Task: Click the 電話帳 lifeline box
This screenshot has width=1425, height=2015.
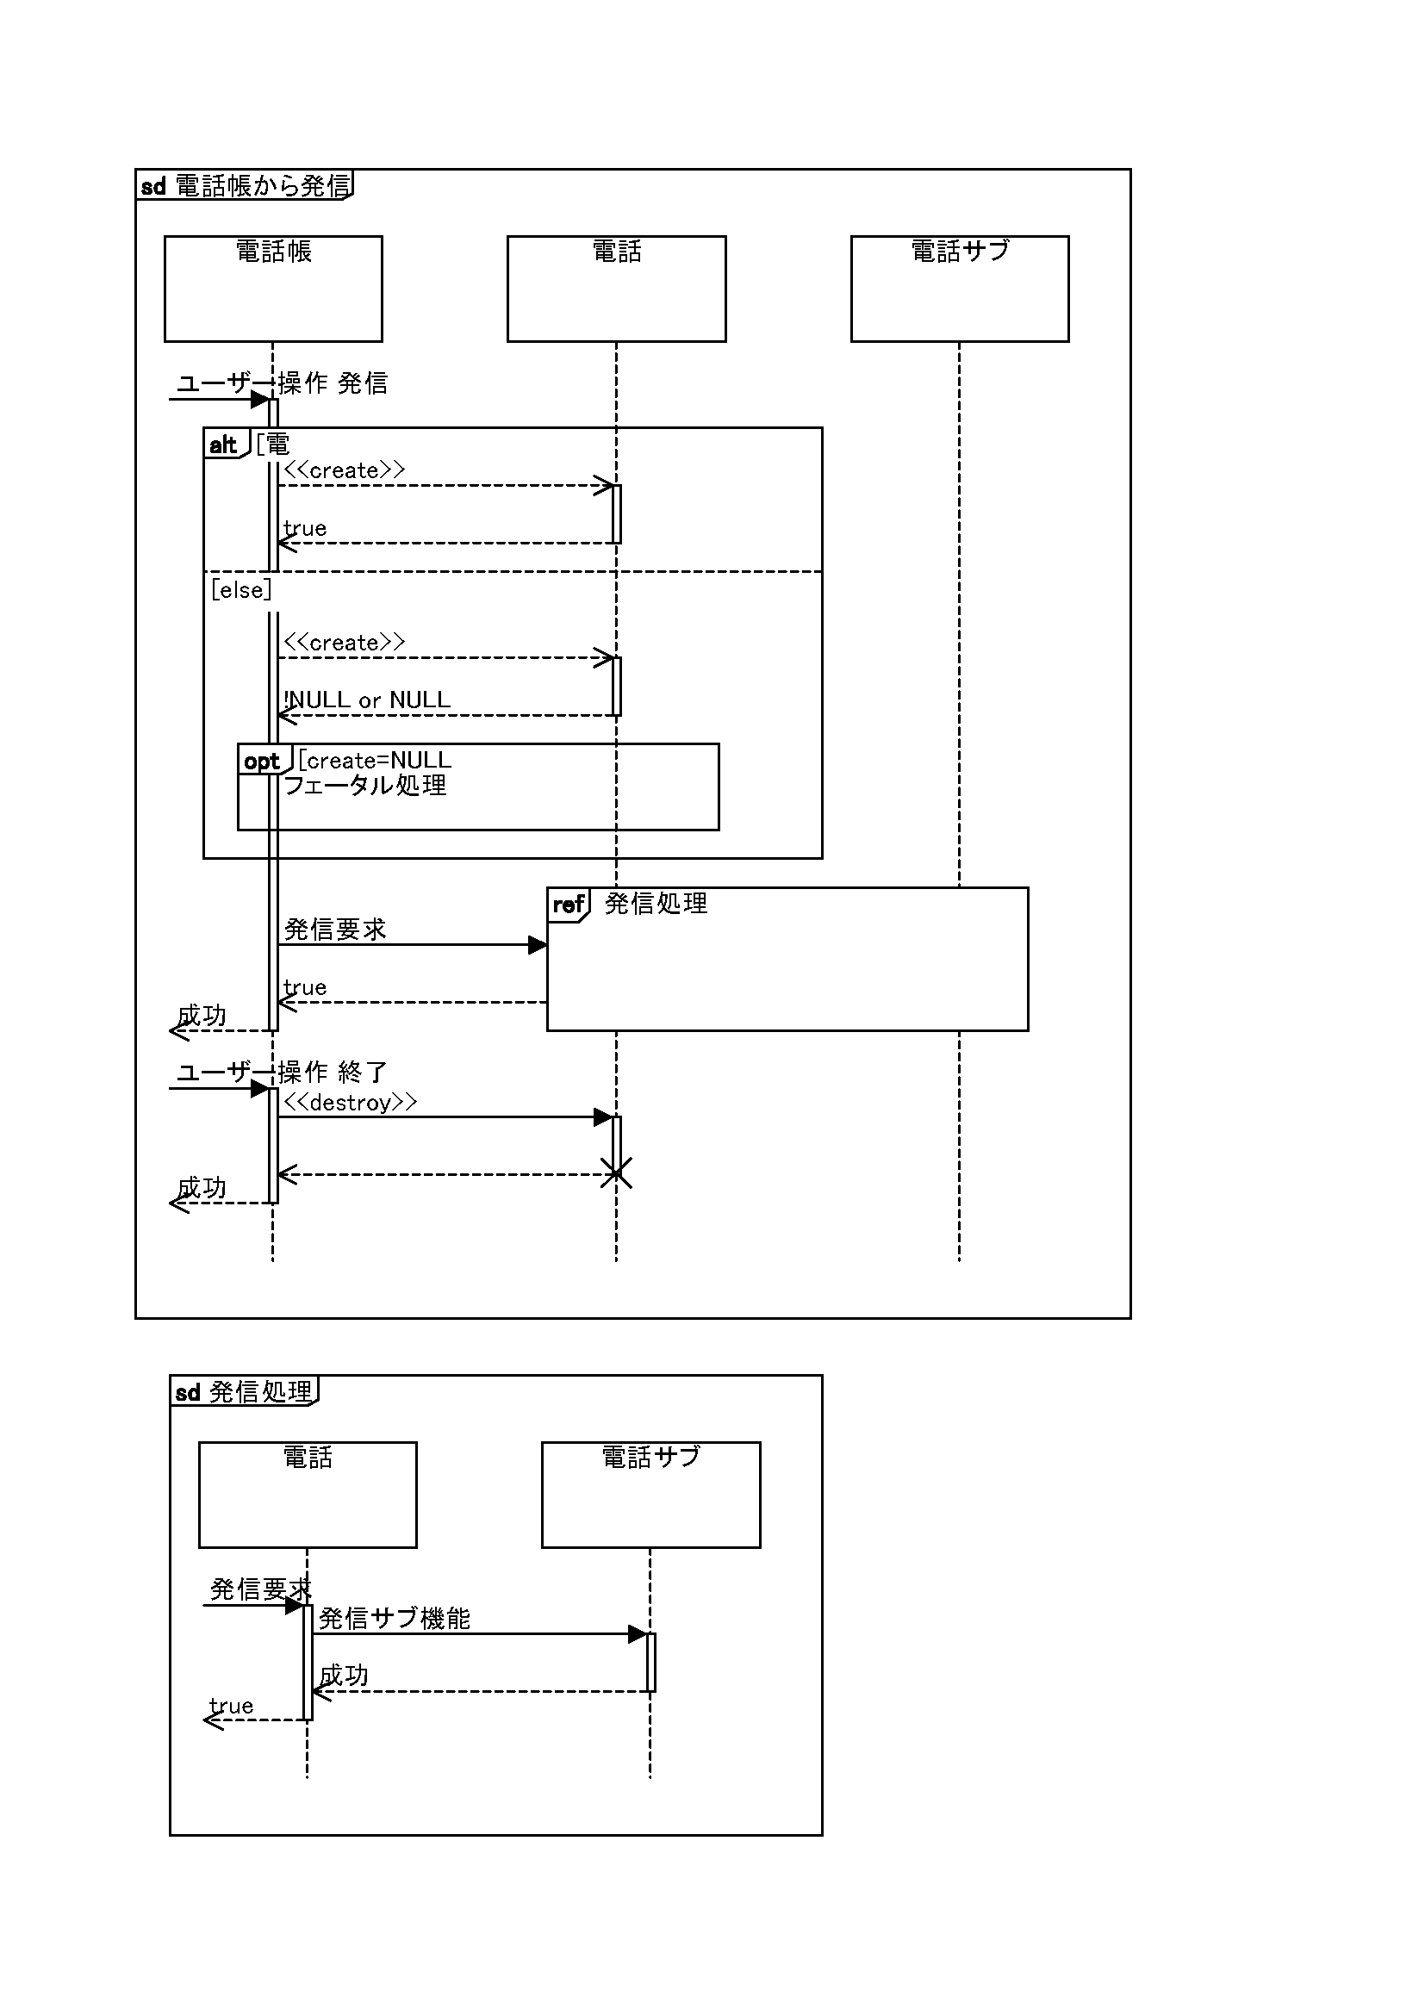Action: click(273, 288)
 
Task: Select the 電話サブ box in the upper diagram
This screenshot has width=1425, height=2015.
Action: click(959, 288)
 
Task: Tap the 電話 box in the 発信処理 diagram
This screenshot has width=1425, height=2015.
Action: click(307, 1494)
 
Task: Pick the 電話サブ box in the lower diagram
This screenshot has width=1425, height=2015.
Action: click(650, 1494)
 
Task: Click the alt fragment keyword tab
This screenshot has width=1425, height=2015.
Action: click(225, 445)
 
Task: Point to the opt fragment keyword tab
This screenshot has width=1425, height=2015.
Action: click(263, 761)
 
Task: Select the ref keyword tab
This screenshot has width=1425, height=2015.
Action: click(568, 905)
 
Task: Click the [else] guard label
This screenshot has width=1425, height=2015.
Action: click(241, 590)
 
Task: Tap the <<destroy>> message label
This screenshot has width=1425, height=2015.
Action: click(350, 1103)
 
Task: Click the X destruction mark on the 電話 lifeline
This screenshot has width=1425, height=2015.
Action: click(616, 1173)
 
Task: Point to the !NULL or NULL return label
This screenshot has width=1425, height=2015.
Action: click(367, 700)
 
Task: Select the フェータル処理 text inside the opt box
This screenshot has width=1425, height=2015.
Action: click(365, 785)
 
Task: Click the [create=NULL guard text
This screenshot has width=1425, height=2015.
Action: click(375, 760)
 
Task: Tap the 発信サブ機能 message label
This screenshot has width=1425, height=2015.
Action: click(394, 1619)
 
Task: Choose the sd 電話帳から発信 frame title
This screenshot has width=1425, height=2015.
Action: click(246, 185)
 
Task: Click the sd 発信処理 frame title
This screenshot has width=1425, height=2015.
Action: click(244, 1392)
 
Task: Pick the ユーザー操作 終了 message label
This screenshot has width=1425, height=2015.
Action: click(282, 1072)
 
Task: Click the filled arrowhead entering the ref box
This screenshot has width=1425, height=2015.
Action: click(537, 945)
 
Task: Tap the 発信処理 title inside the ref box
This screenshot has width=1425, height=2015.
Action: click(656, 904)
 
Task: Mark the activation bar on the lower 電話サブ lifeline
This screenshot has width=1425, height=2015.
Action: click(651, 1662)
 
